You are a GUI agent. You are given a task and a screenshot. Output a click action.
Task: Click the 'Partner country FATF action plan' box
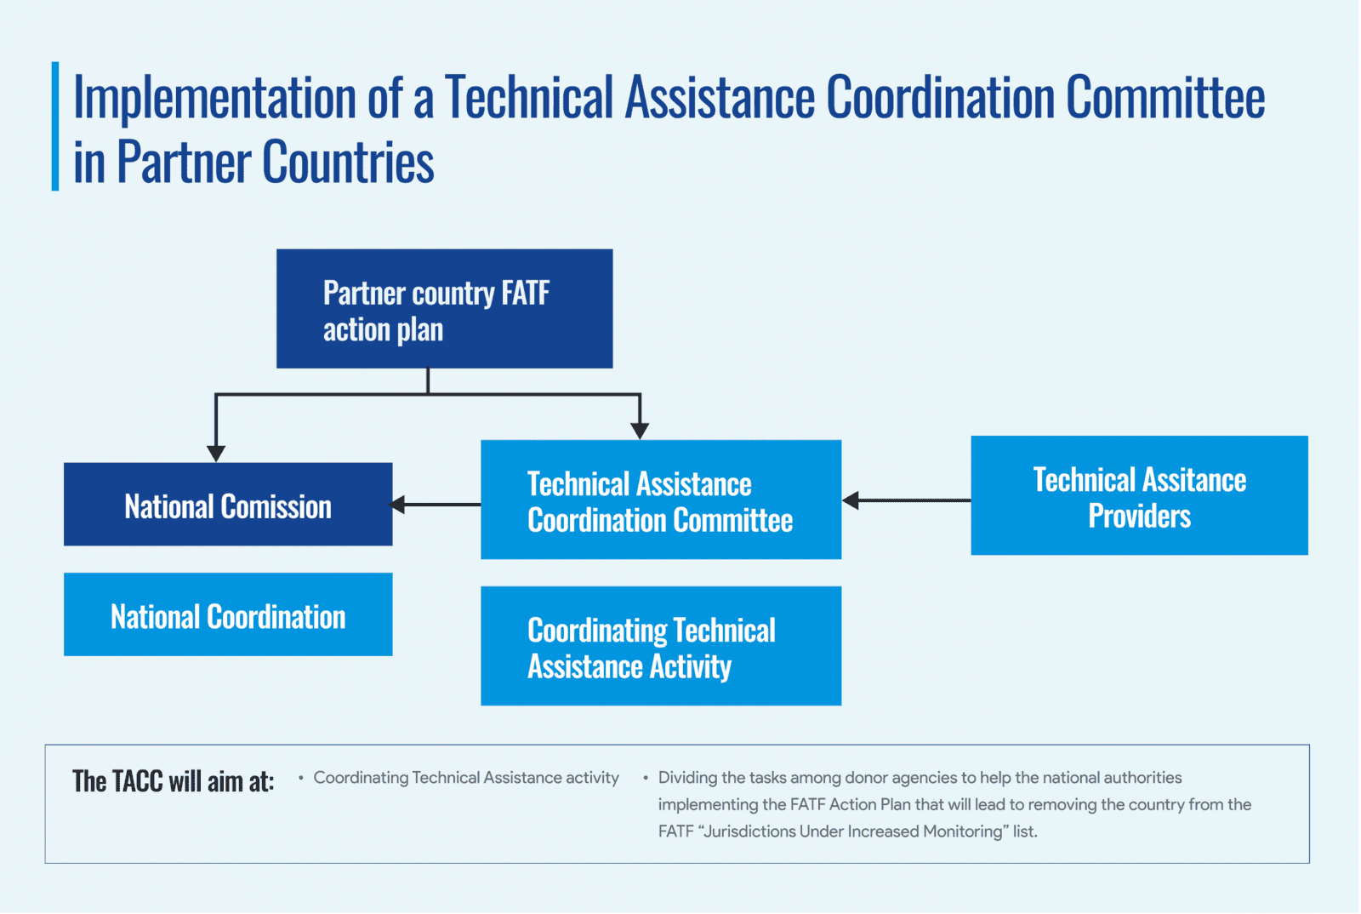445,309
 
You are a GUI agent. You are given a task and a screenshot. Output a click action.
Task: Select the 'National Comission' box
228,505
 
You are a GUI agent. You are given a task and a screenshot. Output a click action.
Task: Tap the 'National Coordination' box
228,614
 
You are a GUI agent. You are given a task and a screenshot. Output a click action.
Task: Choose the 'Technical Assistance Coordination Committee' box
661,500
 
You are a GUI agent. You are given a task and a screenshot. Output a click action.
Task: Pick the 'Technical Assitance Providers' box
1139,495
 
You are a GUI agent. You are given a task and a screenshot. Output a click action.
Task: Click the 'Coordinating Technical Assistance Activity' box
661,646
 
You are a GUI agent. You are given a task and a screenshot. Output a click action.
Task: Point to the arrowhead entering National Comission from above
216,454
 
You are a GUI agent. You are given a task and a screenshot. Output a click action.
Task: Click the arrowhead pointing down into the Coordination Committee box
640,431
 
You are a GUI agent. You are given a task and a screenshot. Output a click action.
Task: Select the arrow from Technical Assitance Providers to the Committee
907,500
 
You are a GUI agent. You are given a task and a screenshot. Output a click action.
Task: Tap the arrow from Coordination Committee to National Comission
435,505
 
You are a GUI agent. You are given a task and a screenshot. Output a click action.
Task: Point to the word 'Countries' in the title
348,162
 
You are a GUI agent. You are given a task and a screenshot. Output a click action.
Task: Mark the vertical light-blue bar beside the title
55,127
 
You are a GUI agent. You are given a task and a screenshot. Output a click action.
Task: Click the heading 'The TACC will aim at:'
174,781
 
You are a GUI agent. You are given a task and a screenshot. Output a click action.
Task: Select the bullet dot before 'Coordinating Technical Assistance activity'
301,777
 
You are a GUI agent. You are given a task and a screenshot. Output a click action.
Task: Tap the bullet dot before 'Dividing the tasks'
646,777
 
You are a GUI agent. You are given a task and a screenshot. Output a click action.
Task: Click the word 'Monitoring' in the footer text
960,831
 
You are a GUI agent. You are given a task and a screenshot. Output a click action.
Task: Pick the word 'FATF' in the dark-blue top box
526,294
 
